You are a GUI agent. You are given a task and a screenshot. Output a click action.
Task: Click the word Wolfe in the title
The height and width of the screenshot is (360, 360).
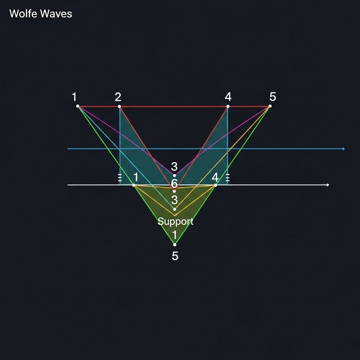click(x=24, y=14)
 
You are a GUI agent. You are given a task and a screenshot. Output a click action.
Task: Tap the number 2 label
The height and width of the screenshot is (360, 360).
click(x=118, y=97)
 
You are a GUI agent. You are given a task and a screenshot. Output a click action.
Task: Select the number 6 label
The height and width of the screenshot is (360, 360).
click(x=174, y=183)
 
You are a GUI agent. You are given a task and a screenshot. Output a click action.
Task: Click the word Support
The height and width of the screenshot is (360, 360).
click(x=175, y=221)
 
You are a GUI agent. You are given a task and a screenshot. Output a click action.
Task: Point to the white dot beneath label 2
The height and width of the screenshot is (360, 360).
click(x=120, y=106)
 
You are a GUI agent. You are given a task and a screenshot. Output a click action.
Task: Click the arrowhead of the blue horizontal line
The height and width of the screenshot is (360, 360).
click(x=343, y=149)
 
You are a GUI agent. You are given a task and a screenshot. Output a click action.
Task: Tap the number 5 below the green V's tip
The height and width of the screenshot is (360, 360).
click(x=175, y=256)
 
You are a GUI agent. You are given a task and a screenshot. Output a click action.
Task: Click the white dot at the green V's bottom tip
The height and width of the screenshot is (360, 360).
click(x=175, y=245)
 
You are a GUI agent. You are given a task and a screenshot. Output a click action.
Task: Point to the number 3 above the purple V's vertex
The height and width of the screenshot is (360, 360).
click(x=174, y=166)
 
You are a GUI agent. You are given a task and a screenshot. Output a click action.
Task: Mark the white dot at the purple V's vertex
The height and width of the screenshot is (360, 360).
click(x=175, y=175)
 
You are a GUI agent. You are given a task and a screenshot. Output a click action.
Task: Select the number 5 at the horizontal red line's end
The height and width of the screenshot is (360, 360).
click(x=273, y=96)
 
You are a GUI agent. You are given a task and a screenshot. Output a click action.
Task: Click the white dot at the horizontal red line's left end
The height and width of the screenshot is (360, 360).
click(x=78, y=106)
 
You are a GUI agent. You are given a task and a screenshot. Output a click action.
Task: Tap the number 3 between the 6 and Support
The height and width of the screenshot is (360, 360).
click(x=174, y=200)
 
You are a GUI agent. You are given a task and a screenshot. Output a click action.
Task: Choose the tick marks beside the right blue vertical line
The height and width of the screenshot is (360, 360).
click(x=227, y=178)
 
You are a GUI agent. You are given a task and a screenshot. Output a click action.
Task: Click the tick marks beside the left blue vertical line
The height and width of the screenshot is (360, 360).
click(x=120, y=178)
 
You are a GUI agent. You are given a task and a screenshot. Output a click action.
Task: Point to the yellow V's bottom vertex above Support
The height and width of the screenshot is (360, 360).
click(x=175, y=216)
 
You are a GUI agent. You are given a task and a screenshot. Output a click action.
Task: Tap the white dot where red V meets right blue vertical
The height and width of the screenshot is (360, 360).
click(x=228, y=106)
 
